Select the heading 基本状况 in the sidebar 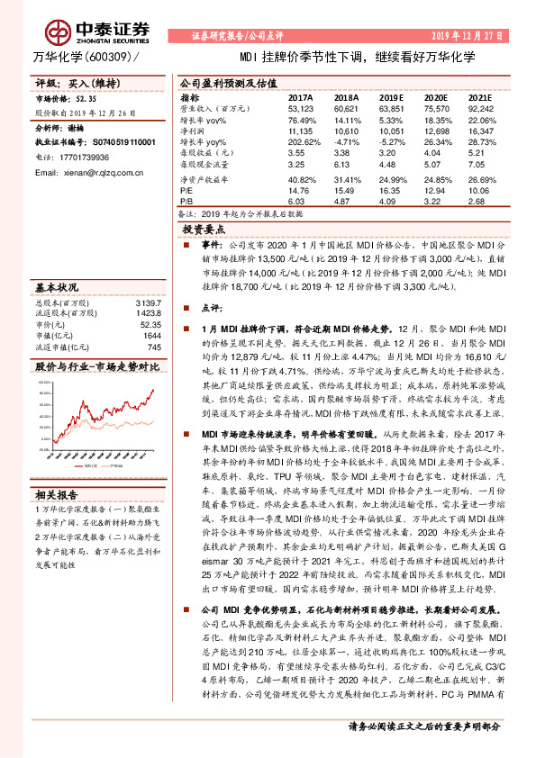coord(57,287)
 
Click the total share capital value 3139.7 coord(147,302)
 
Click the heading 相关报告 coord(57,494)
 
